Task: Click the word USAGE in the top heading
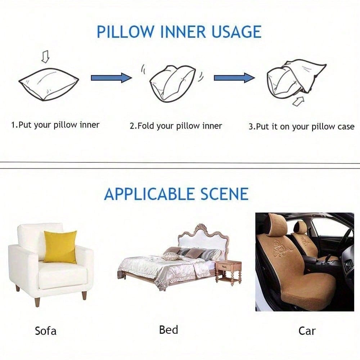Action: click(x=236, y=32)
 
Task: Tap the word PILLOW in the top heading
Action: click(x=125, y=32)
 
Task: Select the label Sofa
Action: click(x=45, y=331)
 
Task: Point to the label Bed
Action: click(x=168, y=330)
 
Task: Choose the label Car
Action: click(x=307, y=331)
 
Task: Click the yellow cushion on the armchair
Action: click(x=60, y=247)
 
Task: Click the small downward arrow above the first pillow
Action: click(x=45, y=57)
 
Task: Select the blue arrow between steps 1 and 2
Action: click(x=112, y=78)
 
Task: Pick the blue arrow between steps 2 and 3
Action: click(x=234, y=78)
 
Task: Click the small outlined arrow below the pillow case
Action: click(x=298, y=101)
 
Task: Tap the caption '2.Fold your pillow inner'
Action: click(x=176, y=126)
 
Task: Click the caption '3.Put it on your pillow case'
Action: click(x=301, y=127)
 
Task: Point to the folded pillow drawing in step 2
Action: click(x=172, y=84)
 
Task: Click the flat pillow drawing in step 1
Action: click(x=49, y=84)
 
